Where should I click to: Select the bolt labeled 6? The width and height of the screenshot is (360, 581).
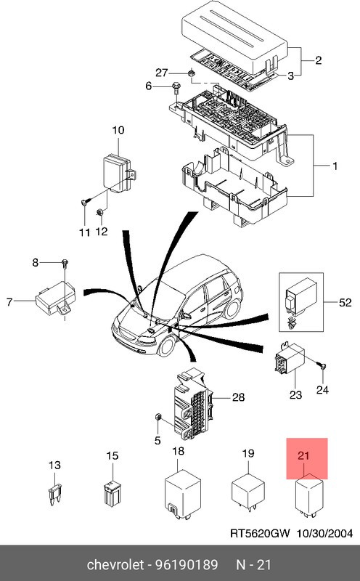point(176,88)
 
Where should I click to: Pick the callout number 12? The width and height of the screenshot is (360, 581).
point(102,232)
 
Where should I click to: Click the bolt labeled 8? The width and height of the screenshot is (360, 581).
point(65,262)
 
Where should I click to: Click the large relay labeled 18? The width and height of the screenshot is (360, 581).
point(179,490)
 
